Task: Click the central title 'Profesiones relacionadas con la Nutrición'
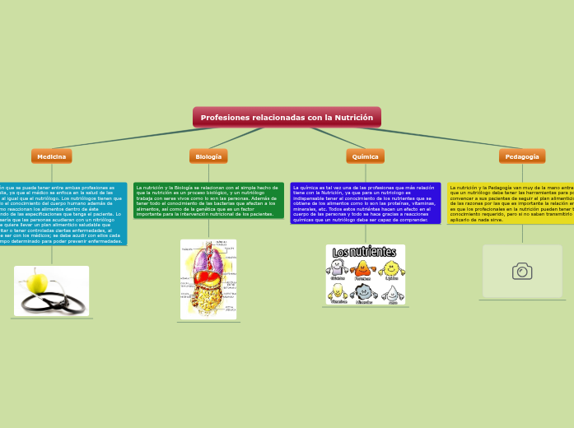click(287, 118)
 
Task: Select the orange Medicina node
click(52, 156)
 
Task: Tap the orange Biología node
click(208, 156)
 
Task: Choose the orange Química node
click(365, 156)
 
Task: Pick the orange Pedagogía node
click(522, 156)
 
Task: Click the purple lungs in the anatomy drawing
click(207, 262)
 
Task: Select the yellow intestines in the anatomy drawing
click(208, 300)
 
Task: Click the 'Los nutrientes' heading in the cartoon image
click(365, 251)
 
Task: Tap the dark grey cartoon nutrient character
click(363, 291)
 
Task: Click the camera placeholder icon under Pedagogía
click(522, 272)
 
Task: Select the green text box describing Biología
click(208, 201)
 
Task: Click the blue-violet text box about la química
click(365, 203)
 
